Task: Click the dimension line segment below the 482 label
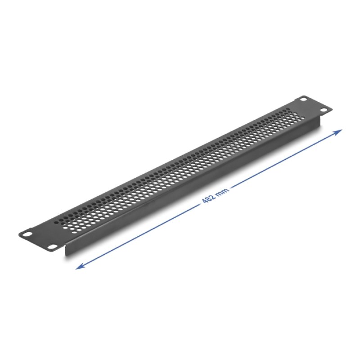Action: click(144, 233)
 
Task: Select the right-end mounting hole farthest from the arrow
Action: click(303, 99)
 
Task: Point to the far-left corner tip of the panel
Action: click(19, 234)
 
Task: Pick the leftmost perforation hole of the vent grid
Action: click(57, 222)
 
